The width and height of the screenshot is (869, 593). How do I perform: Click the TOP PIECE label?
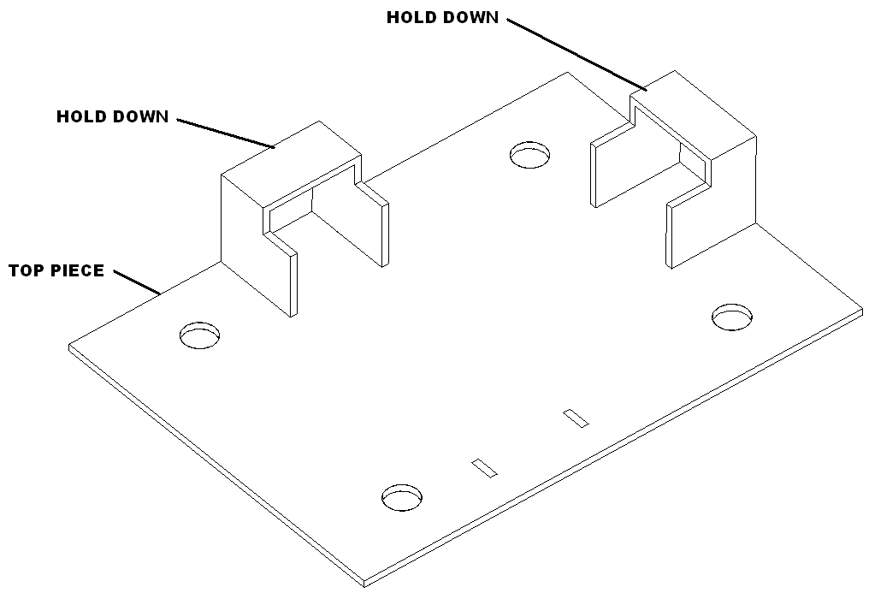pos(56,270)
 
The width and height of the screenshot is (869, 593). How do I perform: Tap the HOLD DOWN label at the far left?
pos(113,116)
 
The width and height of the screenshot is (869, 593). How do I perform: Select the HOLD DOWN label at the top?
pos(443,17)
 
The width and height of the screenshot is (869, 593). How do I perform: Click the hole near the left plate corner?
pos(199,335)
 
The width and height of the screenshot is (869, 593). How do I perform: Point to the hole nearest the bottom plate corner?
pos(402,497)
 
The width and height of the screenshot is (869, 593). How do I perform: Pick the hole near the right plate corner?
pos(732,317)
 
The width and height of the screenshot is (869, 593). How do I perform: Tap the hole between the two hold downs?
pos(530,155)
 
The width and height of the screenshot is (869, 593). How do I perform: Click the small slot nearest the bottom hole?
pos(484,467)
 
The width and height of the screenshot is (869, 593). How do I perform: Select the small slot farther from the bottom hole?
pos(576,418)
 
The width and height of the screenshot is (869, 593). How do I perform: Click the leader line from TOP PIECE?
pos(137,282)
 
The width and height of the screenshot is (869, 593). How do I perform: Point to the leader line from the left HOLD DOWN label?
pos(226,133)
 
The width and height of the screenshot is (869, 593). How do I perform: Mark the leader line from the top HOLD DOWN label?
pos(577,54)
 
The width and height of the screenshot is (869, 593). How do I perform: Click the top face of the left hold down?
pos(292,165)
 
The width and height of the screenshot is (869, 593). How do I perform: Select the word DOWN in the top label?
pos(474,17)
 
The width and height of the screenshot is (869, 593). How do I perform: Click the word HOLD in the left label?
pos(82,116)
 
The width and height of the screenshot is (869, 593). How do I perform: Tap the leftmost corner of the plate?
pos(69,346)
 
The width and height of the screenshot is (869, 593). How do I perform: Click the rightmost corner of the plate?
pos(863,309)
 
